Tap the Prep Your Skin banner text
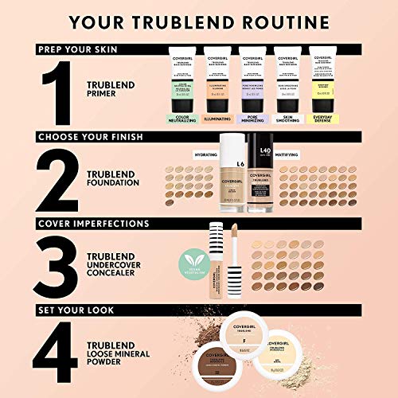coord(76,49)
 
